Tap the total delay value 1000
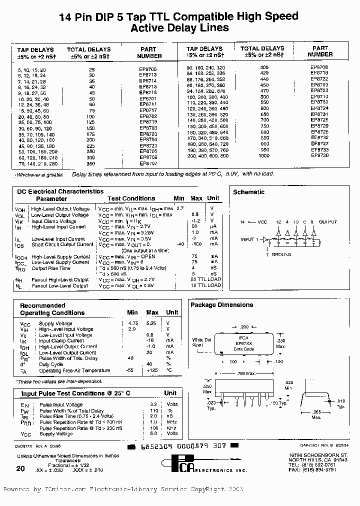[x=264, y=155]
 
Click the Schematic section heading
[x=248, y=192]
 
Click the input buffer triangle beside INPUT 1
[x=265, y=240]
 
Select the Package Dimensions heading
[x=221, y=304]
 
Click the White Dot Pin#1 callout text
[x=202, y=342]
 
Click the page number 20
[x=20, y=468]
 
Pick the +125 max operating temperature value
[x=152, y=370]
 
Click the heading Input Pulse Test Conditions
[x=75, y=393]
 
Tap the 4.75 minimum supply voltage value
[x=132, y=323]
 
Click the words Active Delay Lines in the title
[x=179, y=28]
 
